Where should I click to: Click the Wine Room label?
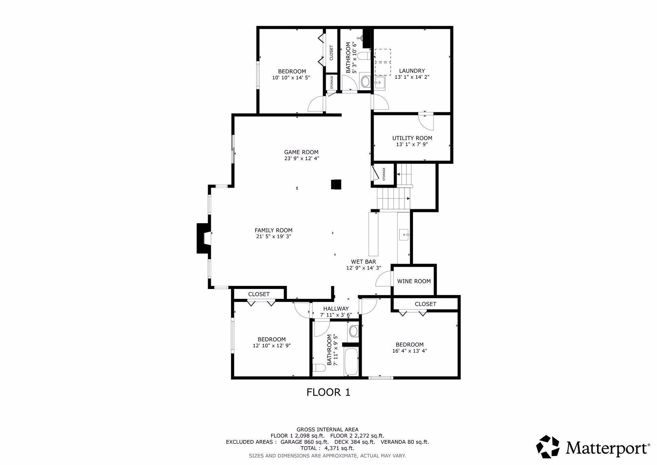(414, 281)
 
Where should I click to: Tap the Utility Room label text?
(412, 138)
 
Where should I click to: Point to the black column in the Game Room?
(336, 184)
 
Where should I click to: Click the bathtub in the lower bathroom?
(351, 362)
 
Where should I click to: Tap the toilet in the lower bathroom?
(319, 368)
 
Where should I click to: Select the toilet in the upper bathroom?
(365, 55)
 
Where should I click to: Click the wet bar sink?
(404, 235)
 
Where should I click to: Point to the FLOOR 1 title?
(328, 392)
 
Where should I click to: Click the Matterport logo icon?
(547, 447)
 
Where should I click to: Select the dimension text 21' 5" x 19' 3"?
(273, 236)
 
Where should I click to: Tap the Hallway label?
(336, 309)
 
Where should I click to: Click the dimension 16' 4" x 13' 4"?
(410, 351)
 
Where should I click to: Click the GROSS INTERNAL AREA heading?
(327, 429)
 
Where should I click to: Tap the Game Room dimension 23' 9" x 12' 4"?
(301, 158)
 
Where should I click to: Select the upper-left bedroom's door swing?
(316, 104)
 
